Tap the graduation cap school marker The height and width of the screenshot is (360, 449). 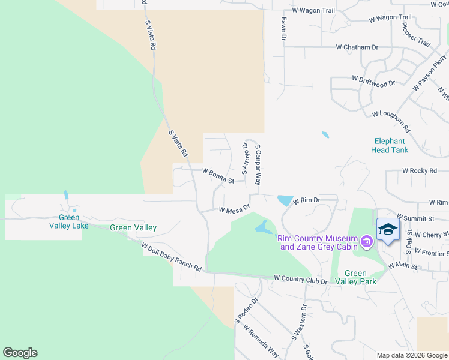point(387,229)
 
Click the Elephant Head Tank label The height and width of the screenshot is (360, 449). point(390,146)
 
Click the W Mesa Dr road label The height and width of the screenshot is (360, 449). point(234,210)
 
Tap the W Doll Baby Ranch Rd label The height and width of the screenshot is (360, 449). point(171,257)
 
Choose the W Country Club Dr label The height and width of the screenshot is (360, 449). point(300,279)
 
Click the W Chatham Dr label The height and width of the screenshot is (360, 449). point(357,47)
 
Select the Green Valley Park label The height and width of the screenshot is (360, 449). point(355,278)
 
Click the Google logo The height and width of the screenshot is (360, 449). point(20,353)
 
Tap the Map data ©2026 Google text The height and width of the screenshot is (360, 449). point(412,355)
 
